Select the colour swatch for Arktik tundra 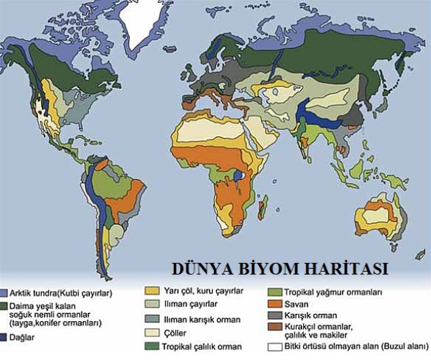(x=4, y=293)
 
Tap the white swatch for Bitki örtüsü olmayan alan (x=274, y=346)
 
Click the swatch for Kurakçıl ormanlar (x=274, y=333)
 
